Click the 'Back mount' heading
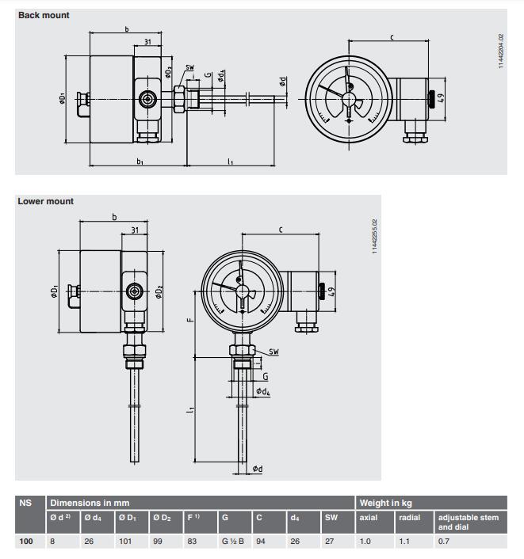click(44, 15)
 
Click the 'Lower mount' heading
click(45, 201)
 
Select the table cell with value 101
click(124, 541)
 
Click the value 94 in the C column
click(260, 541)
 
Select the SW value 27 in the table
click(329, 541)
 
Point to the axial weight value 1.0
click(365, 541)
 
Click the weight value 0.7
click(444, 541)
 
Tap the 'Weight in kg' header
click(385, 503)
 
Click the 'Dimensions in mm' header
click(90, 503)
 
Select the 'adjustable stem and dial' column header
click(468, 522)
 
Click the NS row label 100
click(25, 541)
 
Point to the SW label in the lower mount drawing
click(273, 351)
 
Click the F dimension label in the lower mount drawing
click(188, 321)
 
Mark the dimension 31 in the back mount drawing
click(148, 42)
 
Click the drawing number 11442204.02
click(500, 51)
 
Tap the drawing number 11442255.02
click(374, 237)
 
